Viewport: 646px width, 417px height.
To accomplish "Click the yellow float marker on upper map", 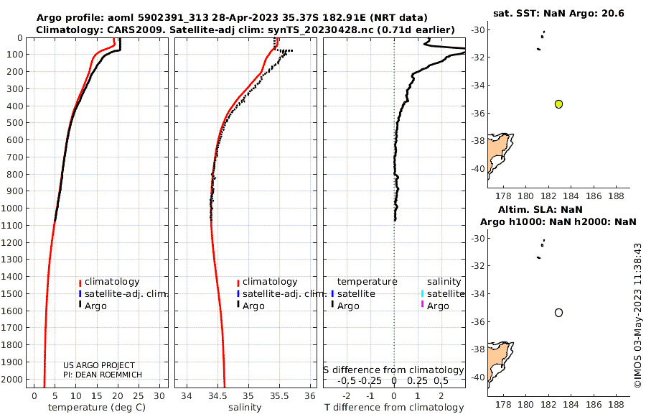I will [558, 104].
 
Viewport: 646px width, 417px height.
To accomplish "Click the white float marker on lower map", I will [558, 312].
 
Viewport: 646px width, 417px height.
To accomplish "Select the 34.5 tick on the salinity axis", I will [217, 396].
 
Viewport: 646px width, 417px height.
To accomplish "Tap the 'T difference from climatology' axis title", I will [394, 408].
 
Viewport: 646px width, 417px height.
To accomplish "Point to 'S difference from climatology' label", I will [394, 370].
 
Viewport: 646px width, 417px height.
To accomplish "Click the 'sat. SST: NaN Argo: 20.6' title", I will [558, 14].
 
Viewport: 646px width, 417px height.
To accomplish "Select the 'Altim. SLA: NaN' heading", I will [558, 209].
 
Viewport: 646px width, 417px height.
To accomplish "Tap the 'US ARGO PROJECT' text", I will [99, 365].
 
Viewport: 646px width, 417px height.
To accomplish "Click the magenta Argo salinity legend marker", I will [423, 306].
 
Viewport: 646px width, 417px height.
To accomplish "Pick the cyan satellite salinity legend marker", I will [423, 293].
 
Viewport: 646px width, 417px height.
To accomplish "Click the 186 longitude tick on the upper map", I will [593, 195].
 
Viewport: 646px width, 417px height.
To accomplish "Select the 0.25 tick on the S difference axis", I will [418, 380].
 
